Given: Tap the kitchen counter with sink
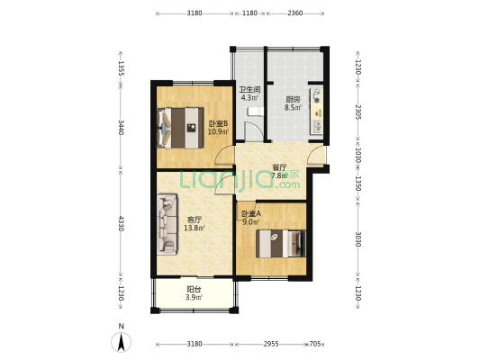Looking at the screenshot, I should (317, 111).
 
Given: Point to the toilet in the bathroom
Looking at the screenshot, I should (256, 112).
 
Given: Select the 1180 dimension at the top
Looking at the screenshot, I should (249, 13).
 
